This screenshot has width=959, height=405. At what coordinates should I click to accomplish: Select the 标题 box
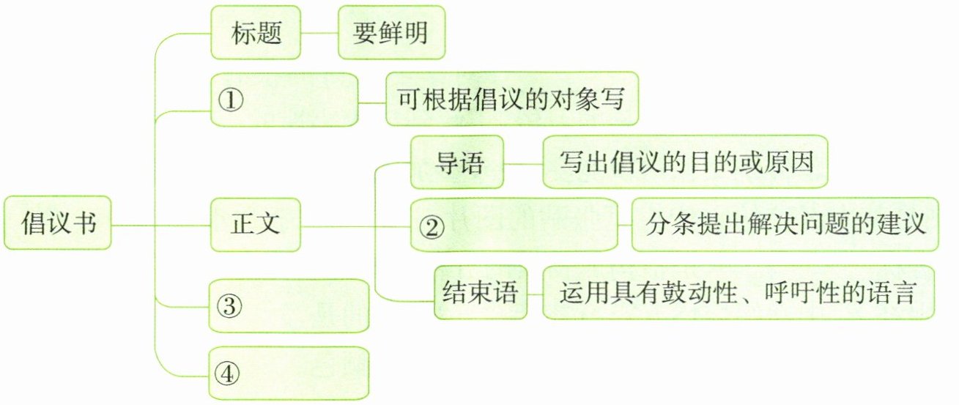(256, 34)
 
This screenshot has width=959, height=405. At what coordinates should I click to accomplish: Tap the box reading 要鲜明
(391, 34)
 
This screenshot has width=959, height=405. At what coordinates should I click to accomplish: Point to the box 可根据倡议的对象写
(511, 99)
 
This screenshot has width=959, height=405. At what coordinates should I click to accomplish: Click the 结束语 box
(481, 293)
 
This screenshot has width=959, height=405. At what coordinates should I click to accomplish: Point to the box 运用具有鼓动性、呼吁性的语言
(738, 293)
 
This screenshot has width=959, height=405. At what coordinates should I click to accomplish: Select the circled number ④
(229, 374)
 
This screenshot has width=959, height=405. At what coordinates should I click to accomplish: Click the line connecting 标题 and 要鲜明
(319, 34)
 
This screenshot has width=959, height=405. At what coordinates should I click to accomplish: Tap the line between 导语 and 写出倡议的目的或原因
(523, 163)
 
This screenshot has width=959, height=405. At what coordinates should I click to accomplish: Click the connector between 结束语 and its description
(535, 293)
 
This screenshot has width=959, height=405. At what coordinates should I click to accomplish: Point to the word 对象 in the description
(568, 99)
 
